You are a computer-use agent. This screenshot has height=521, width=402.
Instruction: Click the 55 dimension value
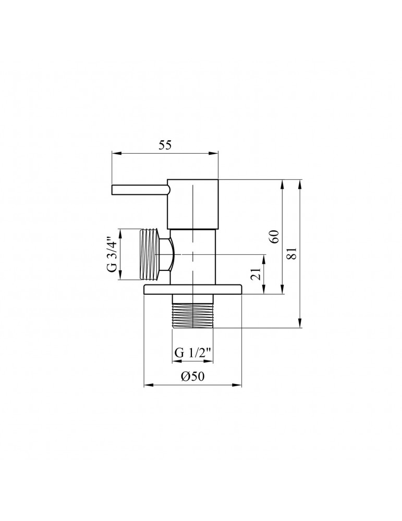(x=165, y=146)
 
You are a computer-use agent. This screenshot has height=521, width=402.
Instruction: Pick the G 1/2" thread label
(x=192, y=352)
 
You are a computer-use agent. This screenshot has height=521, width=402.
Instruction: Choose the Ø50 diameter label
(x=192, y=378)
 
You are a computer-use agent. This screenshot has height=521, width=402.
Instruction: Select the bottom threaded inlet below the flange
(x=192, y=313)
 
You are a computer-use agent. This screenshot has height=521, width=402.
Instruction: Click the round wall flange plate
(x=192, y=289)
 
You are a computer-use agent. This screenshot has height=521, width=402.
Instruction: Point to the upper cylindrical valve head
(x=193, y=204)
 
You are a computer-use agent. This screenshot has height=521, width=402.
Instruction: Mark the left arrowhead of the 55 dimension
(x=115, y=153)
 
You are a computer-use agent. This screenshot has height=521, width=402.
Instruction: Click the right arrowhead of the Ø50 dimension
(x=239, y=386)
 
